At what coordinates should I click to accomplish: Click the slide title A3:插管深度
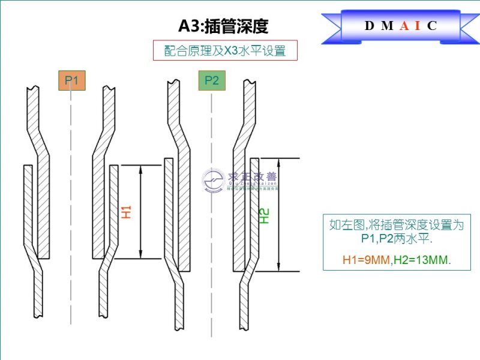[x=223, y=26]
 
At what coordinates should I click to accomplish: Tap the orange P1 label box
[x=71, y=80]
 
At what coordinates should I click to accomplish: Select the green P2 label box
[x=211, y=80]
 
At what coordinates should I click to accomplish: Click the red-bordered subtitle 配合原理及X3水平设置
[x=225, y=51]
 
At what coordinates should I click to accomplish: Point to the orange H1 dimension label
[x=126, y=211]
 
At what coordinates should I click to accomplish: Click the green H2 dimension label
[x=266, y=215]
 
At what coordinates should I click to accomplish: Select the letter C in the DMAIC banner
[x=432, y=26]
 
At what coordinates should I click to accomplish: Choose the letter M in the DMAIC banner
[x=387, y=26]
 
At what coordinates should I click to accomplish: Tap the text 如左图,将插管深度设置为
[x=397, y=225]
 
